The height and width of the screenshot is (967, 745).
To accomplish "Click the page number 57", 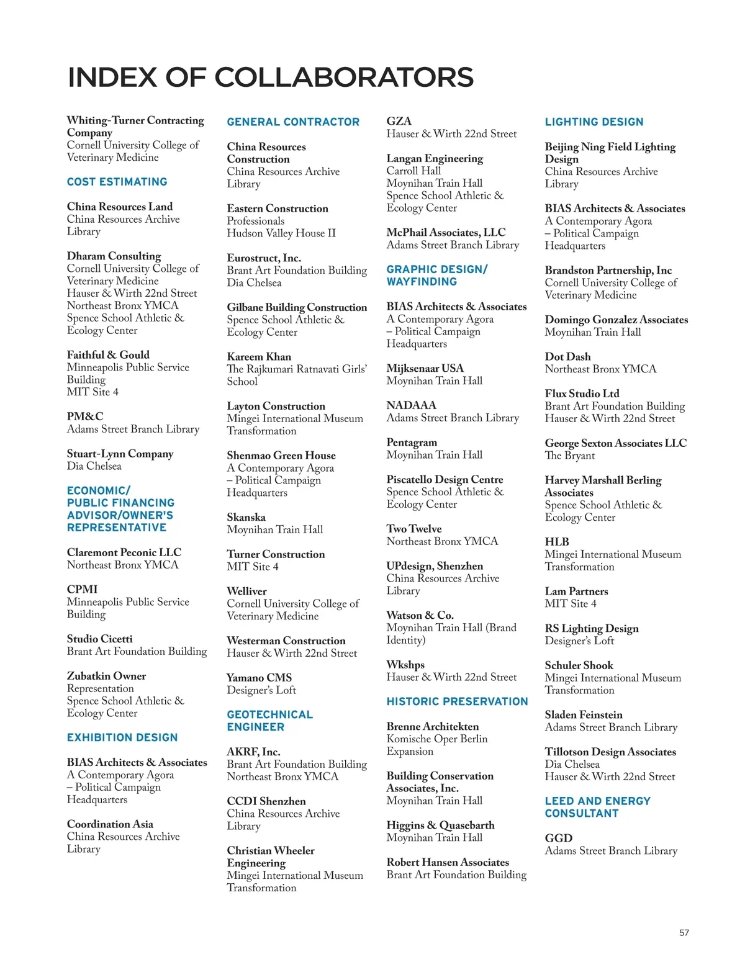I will pyautogui.click(x=684, y=932).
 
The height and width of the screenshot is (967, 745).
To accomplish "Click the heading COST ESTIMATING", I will pyautogui.click(x=117, y=182).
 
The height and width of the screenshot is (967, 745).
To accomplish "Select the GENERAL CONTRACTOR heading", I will pyautogui.click(x=293, y=122).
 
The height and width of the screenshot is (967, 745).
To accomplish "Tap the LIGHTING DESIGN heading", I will pyautogui.click(x=594, y=122).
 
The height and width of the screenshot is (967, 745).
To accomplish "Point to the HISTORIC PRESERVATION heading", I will pyautogui.click(x=457, y=701).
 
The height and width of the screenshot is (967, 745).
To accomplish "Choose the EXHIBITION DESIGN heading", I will pyautogui.click(x=122, y=737).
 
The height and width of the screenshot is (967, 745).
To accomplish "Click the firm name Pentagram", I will pyautogui.click(x=412, y=443).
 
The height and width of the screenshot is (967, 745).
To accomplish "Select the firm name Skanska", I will pyautogui.click(x=246, y=517).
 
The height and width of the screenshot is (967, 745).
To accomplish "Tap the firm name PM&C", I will pyautogui.click(x=85, y=416).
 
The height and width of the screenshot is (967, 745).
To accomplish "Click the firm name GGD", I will pyautogui.click(x=559, y=838).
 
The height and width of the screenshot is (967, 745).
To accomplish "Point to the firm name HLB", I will pyautogui.click(x=557, y=542).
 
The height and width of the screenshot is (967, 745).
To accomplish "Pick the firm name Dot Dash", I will pyautogui.click(x=567, y=357).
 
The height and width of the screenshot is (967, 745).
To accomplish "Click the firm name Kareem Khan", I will pyautogui.click(x=259, y=357).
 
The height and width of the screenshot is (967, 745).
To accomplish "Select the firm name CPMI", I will pyautogui.click(x=82, y=589).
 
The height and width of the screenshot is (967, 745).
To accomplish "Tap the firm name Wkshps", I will pyautogui.click(x=405, y=665).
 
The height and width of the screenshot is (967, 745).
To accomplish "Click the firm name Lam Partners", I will pyautogui.click(x=576, y=591).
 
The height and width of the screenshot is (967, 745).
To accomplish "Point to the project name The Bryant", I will pyautogui.click(x=569, y=456).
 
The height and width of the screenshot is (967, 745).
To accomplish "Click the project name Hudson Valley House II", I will pyautogui.click(x=281, y=233).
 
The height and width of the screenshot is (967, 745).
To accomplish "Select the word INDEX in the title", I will pyautogui.click(x=112, y=78).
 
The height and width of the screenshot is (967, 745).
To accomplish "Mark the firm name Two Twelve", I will pyautogui.click(x=414, y=529).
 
